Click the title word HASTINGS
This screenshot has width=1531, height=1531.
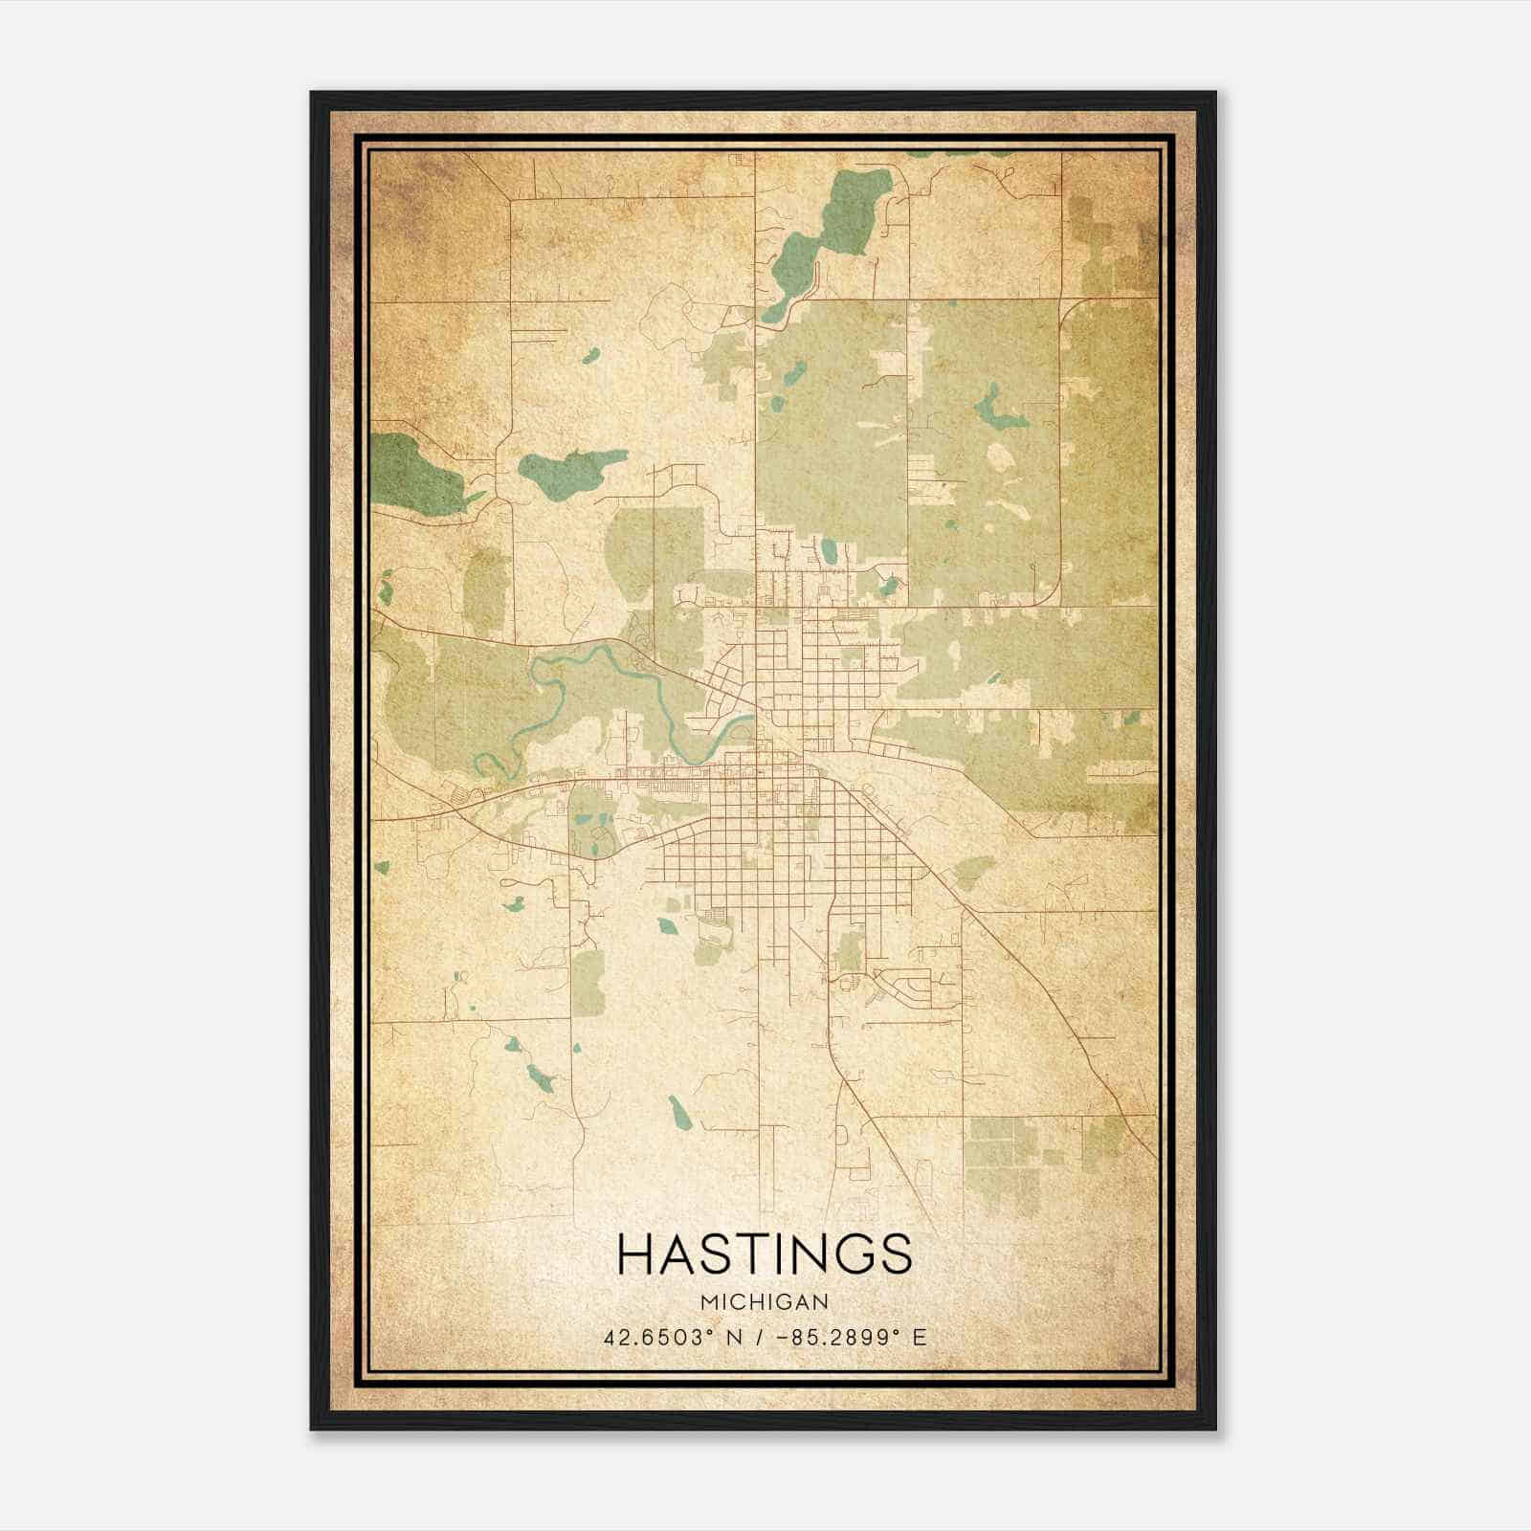tap(765, 1254)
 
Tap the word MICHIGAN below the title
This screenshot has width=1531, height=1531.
tap(765, 1301)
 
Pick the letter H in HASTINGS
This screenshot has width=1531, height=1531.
tap(639, 1254)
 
